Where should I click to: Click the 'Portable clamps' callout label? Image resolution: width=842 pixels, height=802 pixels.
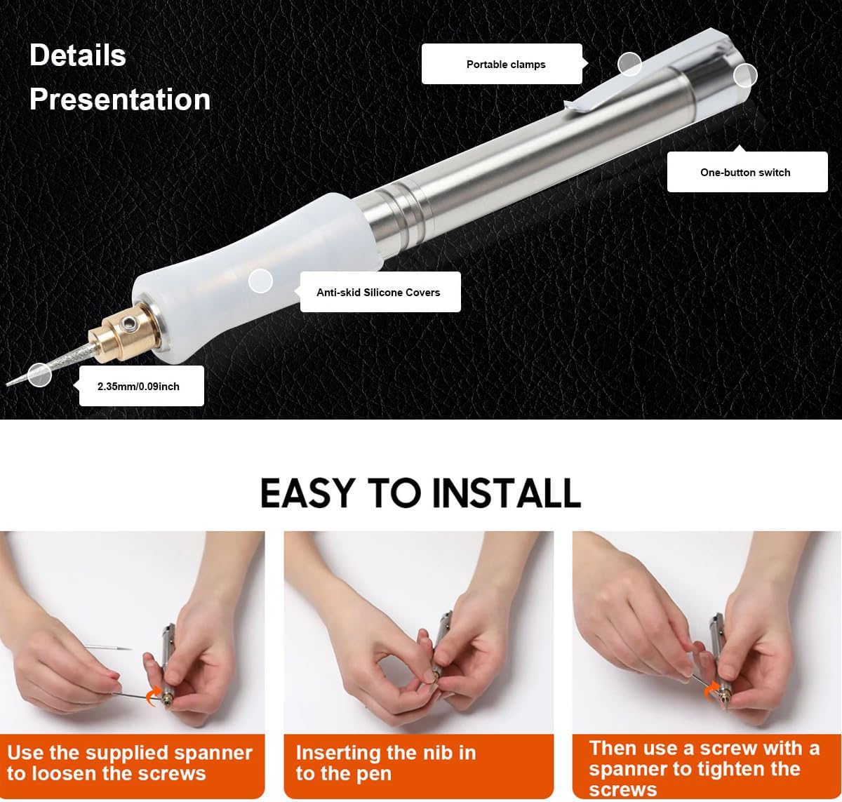click(x=506, y=65)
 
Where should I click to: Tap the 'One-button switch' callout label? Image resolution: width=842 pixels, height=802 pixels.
click(x=745, y=172)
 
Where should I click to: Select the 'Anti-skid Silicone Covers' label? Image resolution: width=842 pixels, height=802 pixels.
click(x=378, y=292)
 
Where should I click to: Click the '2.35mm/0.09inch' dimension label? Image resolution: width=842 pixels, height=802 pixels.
click(x=138, y=387)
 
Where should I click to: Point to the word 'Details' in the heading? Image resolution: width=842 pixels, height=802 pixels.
click(x=77, y=55)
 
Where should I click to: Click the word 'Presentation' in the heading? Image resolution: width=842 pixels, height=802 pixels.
click(x=120, y=99)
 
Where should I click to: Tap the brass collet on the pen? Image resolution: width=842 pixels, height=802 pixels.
click(x=121, y=334)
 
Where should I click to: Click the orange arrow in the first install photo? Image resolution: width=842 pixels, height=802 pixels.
click(x=153, y=696)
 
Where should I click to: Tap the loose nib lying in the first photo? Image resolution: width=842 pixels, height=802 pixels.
click(x=108, y=648)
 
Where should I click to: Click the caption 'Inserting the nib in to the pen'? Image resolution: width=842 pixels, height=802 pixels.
click(x=385, y=763)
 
